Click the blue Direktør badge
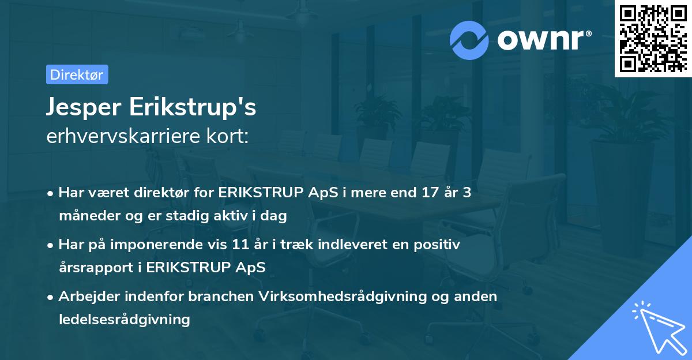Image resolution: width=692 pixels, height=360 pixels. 77,74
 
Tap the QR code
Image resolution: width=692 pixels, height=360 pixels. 653,38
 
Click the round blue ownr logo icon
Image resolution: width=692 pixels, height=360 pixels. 469,40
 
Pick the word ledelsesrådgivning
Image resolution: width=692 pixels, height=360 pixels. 124,319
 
